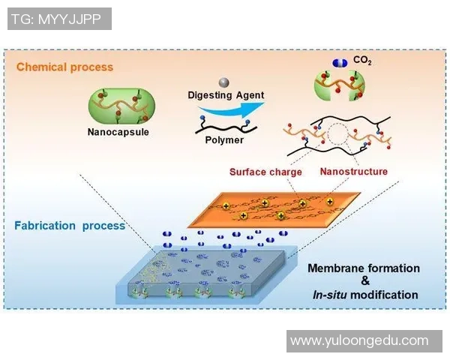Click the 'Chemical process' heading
pyautogui.click(x=64, y=67)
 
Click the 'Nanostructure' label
pyautogui.click(x=354, y=172)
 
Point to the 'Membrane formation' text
pyautogui.click(x=364, y=268)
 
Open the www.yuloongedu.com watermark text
pyautogui.click(x=358, y=340)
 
